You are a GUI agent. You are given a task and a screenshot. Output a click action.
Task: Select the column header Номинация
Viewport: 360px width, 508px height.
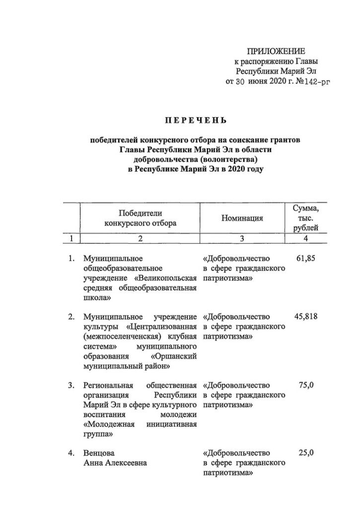[x=242, y=218]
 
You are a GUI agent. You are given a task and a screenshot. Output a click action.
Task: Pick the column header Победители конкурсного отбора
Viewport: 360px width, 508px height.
[x=140, y=218]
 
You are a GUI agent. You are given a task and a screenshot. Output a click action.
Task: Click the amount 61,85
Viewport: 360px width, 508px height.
[x=305, y=258]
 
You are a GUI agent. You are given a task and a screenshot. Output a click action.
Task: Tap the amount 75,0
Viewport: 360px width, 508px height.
[x=306, y=385]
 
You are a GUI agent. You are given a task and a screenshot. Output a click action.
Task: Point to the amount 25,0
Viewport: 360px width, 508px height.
[x=306, y=453]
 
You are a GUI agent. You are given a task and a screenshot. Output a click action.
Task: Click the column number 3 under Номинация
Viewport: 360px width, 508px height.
[x=242, y=239]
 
